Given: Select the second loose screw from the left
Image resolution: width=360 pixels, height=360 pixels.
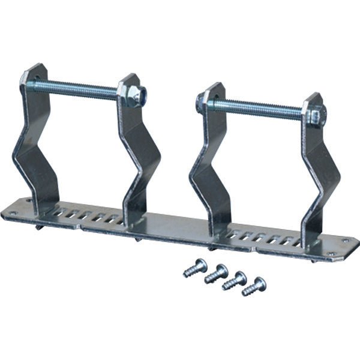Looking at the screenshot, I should (x=217, y=274).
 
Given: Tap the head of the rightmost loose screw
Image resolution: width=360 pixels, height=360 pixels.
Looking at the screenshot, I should (x=260, y=283).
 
